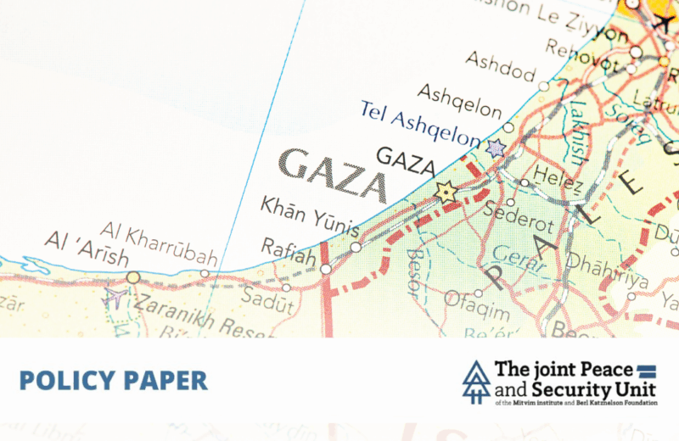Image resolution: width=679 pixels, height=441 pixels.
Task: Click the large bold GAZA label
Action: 333,175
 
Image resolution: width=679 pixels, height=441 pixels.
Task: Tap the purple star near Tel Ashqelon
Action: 497,148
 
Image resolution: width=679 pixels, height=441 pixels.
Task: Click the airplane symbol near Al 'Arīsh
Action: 113,298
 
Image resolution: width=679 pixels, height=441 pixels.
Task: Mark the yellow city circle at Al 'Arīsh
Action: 133,276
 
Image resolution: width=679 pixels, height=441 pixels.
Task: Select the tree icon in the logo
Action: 475,382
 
